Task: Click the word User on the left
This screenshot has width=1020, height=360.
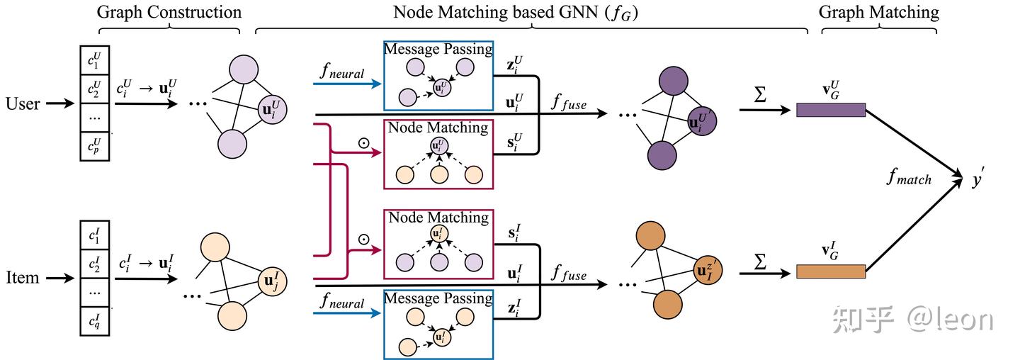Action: coord(22,104)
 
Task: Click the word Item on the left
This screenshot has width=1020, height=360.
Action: coord(22,278)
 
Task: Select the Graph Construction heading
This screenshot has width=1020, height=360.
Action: coord(169,12)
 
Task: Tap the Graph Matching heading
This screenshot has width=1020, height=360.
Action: coord(878,12)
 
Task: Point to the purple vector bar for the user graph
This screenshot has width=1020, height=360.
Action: coord(830,110)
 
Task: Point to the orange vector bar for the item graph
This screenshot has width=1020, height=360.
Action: coord(830,271)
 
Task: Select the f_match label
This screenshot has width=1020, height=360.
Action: coord(909,177)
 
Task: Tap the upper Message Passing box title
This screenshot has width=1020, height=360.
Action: coord(438,49)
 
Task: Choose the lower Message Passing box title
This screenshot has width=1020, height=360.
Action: coord(438,298)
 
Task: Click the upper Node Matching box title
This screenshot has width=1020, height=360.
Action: coord(438,128)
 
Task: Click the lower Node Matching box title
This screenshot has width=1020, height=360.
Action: coord(438,218)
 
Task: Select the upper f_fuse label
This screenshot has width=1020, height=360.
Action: coord(569,103)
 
